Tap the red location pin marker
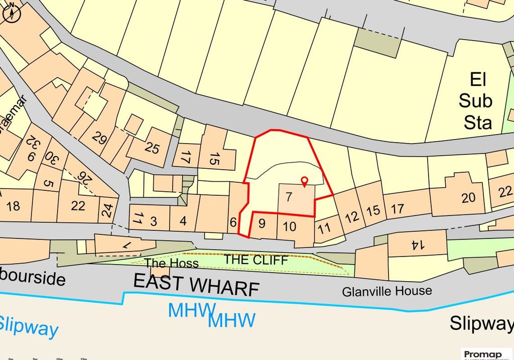point(304,182)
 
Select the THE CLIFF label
point(256,260)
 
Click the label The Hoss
point(172,263)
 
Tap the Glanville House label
point(387,291)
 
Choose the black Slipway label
point(481,323)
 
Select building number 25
point(152,148)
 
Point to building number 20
point(468,197)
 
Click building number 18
point(14,206)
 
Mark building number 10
point(290,226)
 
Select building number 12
point(352,217)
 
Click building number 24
point(106,210)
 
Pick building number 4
point(183,221)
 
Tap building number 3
point(153,221)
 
